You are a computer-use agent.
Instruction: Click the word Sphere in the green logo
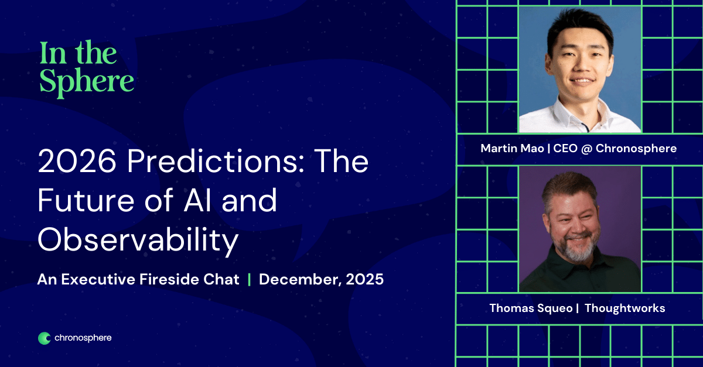[x=87, y=83]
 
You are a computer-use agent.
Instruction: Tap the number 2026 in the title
[x=77, y=161]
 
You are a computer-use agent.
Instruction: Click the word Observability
[x=138, y=240]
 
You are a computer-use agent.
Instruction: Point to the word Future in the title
[x=86, y=200]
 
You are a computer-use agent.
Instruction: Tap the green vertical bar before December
[x=249, y=279]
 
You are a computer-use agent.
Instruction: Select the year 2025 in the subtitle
[x=364, y=279]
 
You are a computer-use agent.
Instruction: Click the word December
[x=301, y=280]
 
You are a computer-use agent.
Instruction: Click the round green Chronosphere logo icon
[x=45, y=338]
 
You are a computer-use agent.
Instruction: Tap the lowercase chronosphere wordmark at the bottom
[x=83, y=338]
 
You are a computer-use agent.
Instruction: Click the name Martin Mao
[x=512, y=148]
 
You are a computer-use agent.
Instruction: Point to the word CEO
[x=565, y=148]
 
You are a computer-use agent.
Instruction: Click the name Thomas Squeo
[x=531, y=308]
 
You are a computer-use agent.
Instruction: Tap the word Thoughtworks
[x=625, y=308]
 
